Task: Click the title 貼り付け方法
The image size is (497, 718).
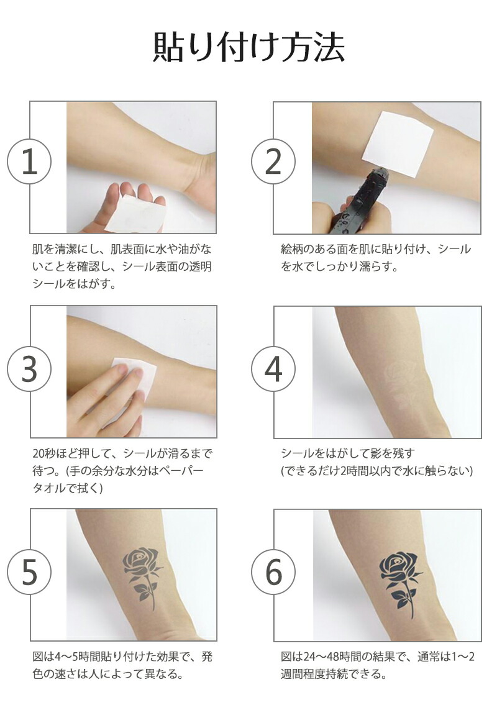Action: pyautogui.click(x=248, y=47)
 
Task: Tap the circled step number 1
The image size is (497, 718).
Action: pyautogui.click(x=29, y=162)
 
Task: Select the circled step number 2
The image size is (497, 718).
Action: pyautogui.click(x=273, y=162)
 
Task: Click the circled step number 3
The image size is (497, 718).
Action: pyautogui.click(x=29, y=369)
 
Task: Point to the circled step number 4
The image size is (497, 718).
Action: pyautogui.click(x=273, y=369)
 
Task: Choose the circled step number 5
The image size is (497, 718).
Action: pyautogui.click(x=29, y=573)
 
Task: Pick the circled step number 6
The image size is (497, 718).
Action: pyautogui.click(x=273, y=573)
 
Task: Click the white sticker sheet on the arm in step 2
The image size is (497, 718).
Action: pyautogui.click(x=397, y=142)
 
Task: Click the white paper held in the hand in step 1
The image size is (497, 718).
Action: pyautogui.click(x=134, y=214)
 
